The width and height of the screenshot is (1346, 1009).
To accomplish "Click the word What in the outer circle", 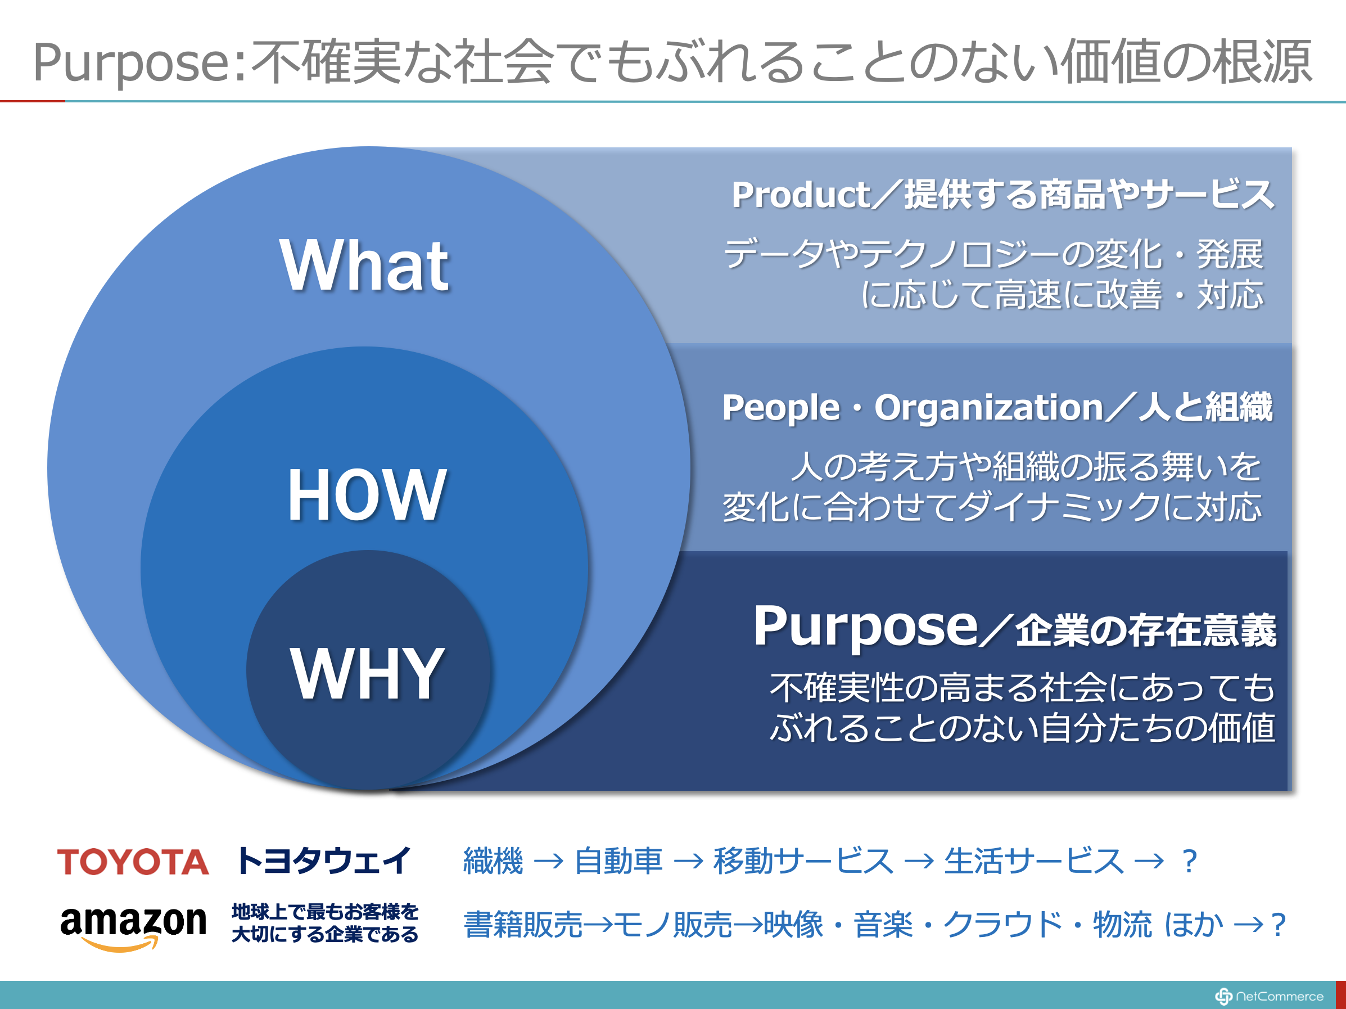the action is [x=364, y=265].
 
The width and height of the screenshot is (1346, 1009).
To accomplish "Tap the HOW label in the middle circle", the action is [x=367, y=495].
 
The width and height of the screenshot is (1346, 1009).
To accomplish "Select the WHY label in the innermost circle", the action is [x=367, y=673].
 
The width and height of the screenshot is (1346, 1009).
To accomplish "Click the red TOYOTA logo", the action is [x=133, y=862].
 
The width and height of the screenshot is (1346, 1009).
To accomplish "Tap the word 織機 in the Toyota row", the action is [x=493, y=861].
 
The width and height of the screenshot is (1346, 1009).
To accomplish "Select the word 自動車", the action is [x=618, y=861].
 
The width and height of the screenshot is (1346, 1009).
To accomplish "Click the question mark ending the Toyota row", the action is [x=1189, y=861].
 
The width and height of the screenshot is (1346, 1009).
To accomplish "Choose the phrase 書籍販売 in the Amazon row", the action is [x=523, y=925].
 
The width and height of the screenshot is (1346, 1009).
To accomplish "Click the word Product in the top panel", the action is [x=801, y=195].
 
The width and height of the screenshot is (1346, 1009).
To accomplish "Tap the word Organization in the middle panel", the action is [x=989, y=407].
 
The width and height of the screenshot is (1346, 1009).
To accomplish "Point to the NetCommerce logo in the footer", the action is [x=1270, y=996].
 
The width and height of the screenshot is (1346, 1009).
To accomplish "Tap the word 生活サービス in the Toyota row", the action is [x=1034, y=861].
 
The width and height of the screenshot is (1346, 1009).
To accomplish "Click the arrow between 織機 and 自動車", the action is [x=548, y=862].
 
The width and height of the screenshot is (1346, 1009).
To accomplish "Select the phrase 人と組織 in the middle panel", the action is [x=1205, y=407].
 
